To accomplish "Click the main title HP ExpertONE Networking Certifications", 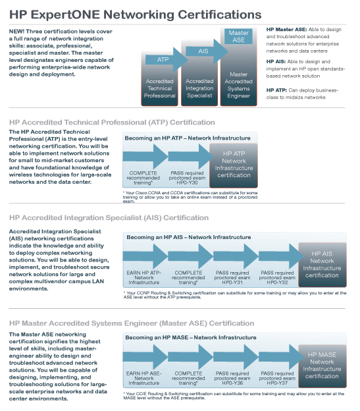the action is tap(136, 14).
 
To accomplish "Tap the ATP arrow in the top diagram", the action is tap(167, 60).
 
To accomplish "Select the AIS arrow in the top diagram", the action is tap(207, 51).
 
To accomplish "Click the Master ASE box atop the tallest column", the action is tap(238, 36).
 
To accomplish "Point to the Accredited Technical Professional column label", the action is tap(160, 88).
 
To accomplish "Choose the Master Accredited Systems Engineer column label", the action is tap(238, 85).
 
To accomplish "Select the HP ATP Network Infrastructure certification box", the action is tap(234, 165).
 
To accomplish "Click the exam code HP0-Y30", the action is tap(187, 182).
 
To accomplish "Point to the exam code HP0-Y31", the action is tap(232, 283).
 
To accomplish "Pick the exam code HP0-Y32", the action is tap(277, 283).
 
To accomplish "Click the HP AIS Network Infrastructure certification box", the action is tap(322, 265).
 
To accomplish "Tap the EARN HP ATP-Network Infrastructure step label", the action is tap(143, 277).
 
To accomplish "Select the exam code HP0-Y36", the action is tap(232, 383).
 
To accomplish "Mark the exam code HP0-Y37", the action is tap(277, 383).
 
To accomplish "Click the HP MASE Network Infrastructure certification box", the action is tap(322, 366).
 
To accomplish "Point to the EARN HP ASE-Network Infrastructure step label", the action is tap(143, 378).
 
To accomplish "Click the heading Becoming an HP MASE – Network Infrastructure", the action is tap(191, 338).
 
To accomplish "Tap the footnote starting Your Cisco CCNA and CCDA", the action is tap(190, 197).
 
